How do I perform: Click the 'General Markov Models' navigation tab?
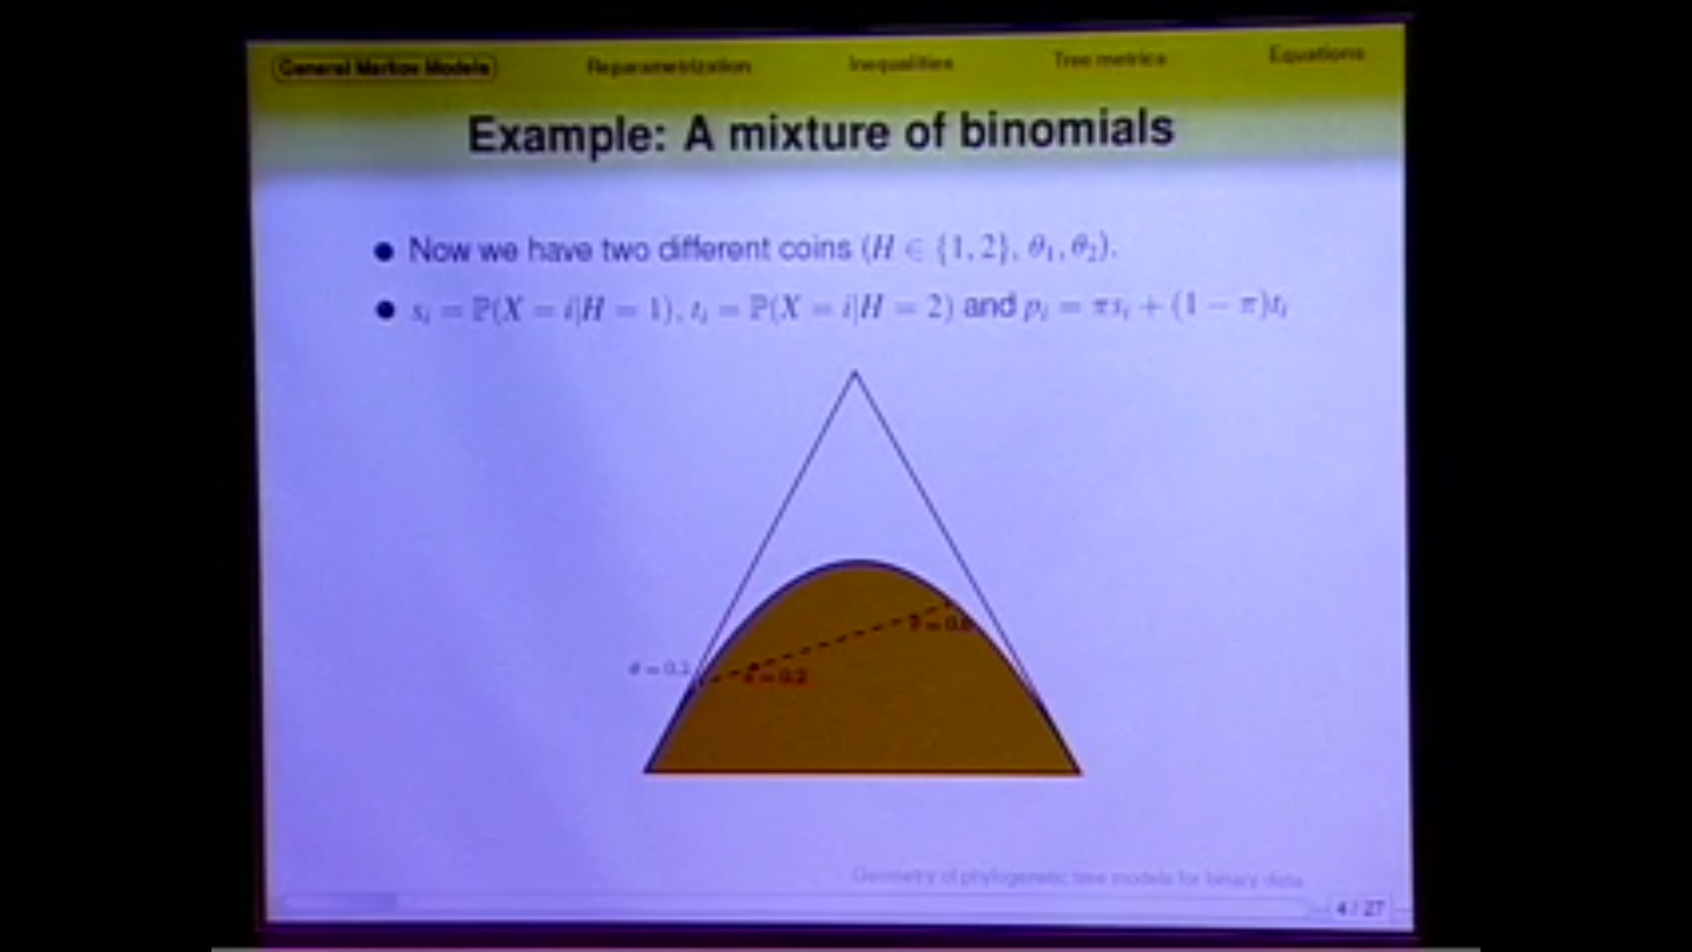point(384,68)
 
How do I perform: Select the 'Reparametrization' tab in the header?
point(669,66)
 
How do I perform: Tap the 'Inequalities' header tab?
point(901,63)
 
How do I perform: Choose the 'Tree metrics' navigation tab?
point(1109,59)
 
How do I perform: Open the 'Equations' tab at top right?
point(1316,55)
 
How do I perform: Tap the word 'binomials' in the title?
point(1066,130)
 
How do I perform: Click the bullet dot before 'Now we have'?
point(383,253)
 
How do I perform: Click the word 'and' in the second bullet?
point(990,306)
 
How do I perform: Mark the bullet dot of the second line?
point(384,310)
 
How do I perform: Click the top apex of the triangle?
point(854,374)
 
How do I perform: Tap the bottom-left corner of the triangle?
point(648,771)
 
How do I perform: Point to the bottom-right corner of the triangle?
point(1079,772)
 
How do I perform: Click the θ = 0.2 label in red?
point(776,677)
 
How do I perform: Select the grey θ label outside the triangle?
point(658,668)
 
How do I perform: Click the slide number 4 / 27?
point(1360,908)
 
